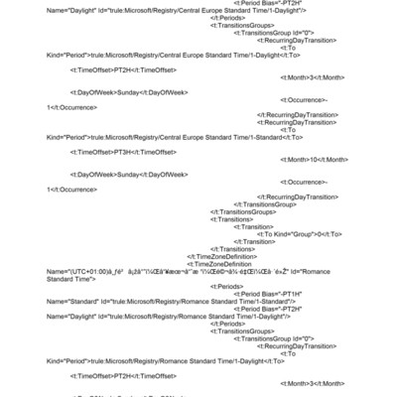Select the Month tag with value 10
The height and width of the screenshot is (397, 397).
[314, 159]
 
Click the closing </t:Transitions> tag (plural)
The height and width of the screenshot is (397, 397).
[229, 249]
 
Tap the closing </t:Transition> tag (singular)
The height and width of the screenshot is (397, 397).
[254, 241]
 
